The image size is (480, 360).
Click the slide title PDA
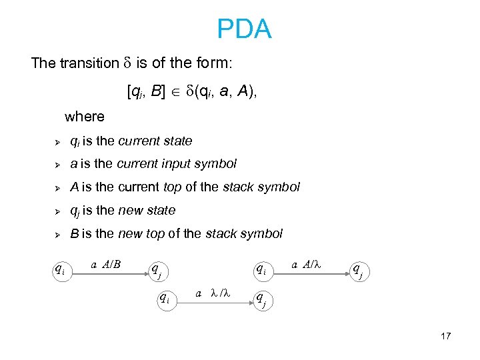(244, 29)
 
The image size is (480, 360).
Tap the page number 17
(446, 336)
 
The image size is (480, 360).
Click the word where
(85, 117)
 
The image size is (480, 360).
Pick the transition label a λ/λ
(213, 293)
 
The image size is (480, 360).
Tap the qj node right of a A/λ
(359, 270)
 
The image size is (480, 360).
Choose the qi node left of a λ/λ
(163, 298)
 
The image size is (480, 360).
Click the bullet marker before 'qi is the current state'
(58, 141)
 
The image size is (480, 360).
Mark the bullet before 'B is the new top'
(58, 235)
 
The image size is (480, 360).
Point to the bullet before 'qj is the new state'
(58, 211)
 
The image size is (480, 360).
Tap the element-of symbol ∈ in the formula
(176, 91)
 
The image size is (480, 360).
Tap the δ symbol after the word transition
(127, 64)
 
